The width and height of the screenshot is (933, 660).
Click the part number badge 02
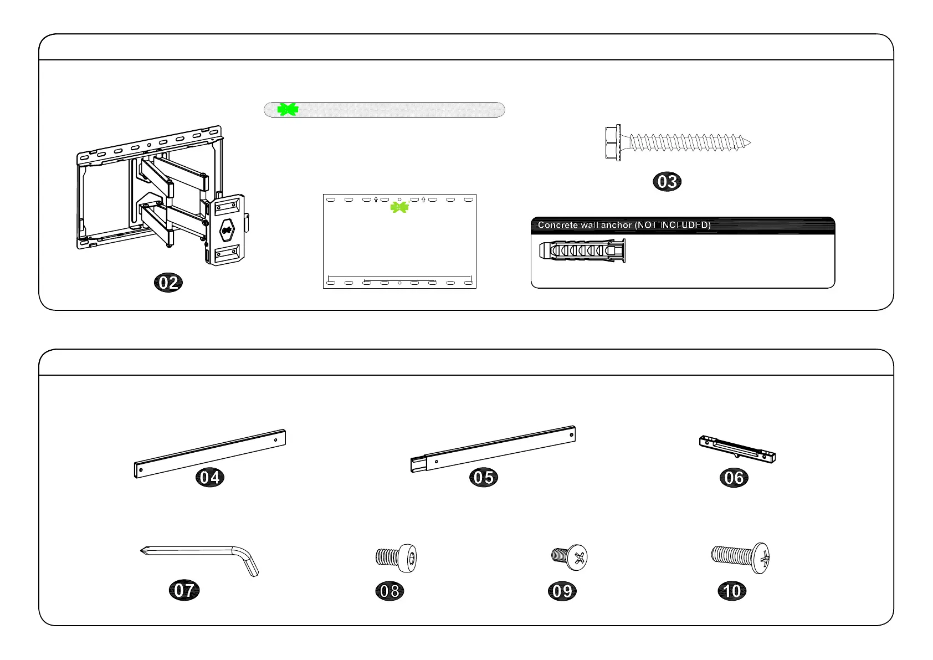[x=168, y=283]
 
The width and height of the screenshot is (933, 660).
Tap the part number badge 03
[x=667, y=182]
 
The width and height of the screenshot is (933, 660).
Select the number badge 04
[x=210, y=477]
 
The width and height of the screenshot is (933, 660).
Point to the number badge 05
[x=484, y=477]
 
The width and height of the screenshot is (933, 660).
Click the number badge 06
[x=734, y=478]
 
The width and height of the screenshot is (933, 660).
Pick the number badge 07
[x=184, y=590]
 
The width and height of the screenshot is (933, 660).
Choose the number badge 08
[x=389, y=591]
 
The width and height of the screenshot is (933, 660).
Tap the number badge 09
[x=562, y=591]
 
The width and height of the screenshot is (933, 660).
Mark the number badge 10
[x=732, y=591]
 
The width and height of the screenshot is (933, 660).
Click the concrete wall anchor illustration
[x=582, y=251]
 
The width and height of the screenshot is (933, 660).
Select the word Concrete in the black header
[x=557, y=225]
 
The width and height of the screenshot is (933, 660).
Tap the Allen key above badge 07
[x=199, y=557]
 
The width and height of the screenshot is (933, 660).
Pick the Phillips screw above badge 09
[x=570, y=556]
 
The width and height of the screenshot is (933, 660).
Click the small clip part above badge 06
[x=737, y=449]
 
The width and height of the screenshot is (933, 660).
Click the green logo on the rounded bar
[x=288, y=110]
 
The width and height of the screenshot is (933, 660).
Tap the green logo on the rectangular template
[x=399, y=207]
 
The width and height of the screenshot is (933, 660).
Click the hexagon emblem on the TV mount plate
[x=226, y=229]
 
